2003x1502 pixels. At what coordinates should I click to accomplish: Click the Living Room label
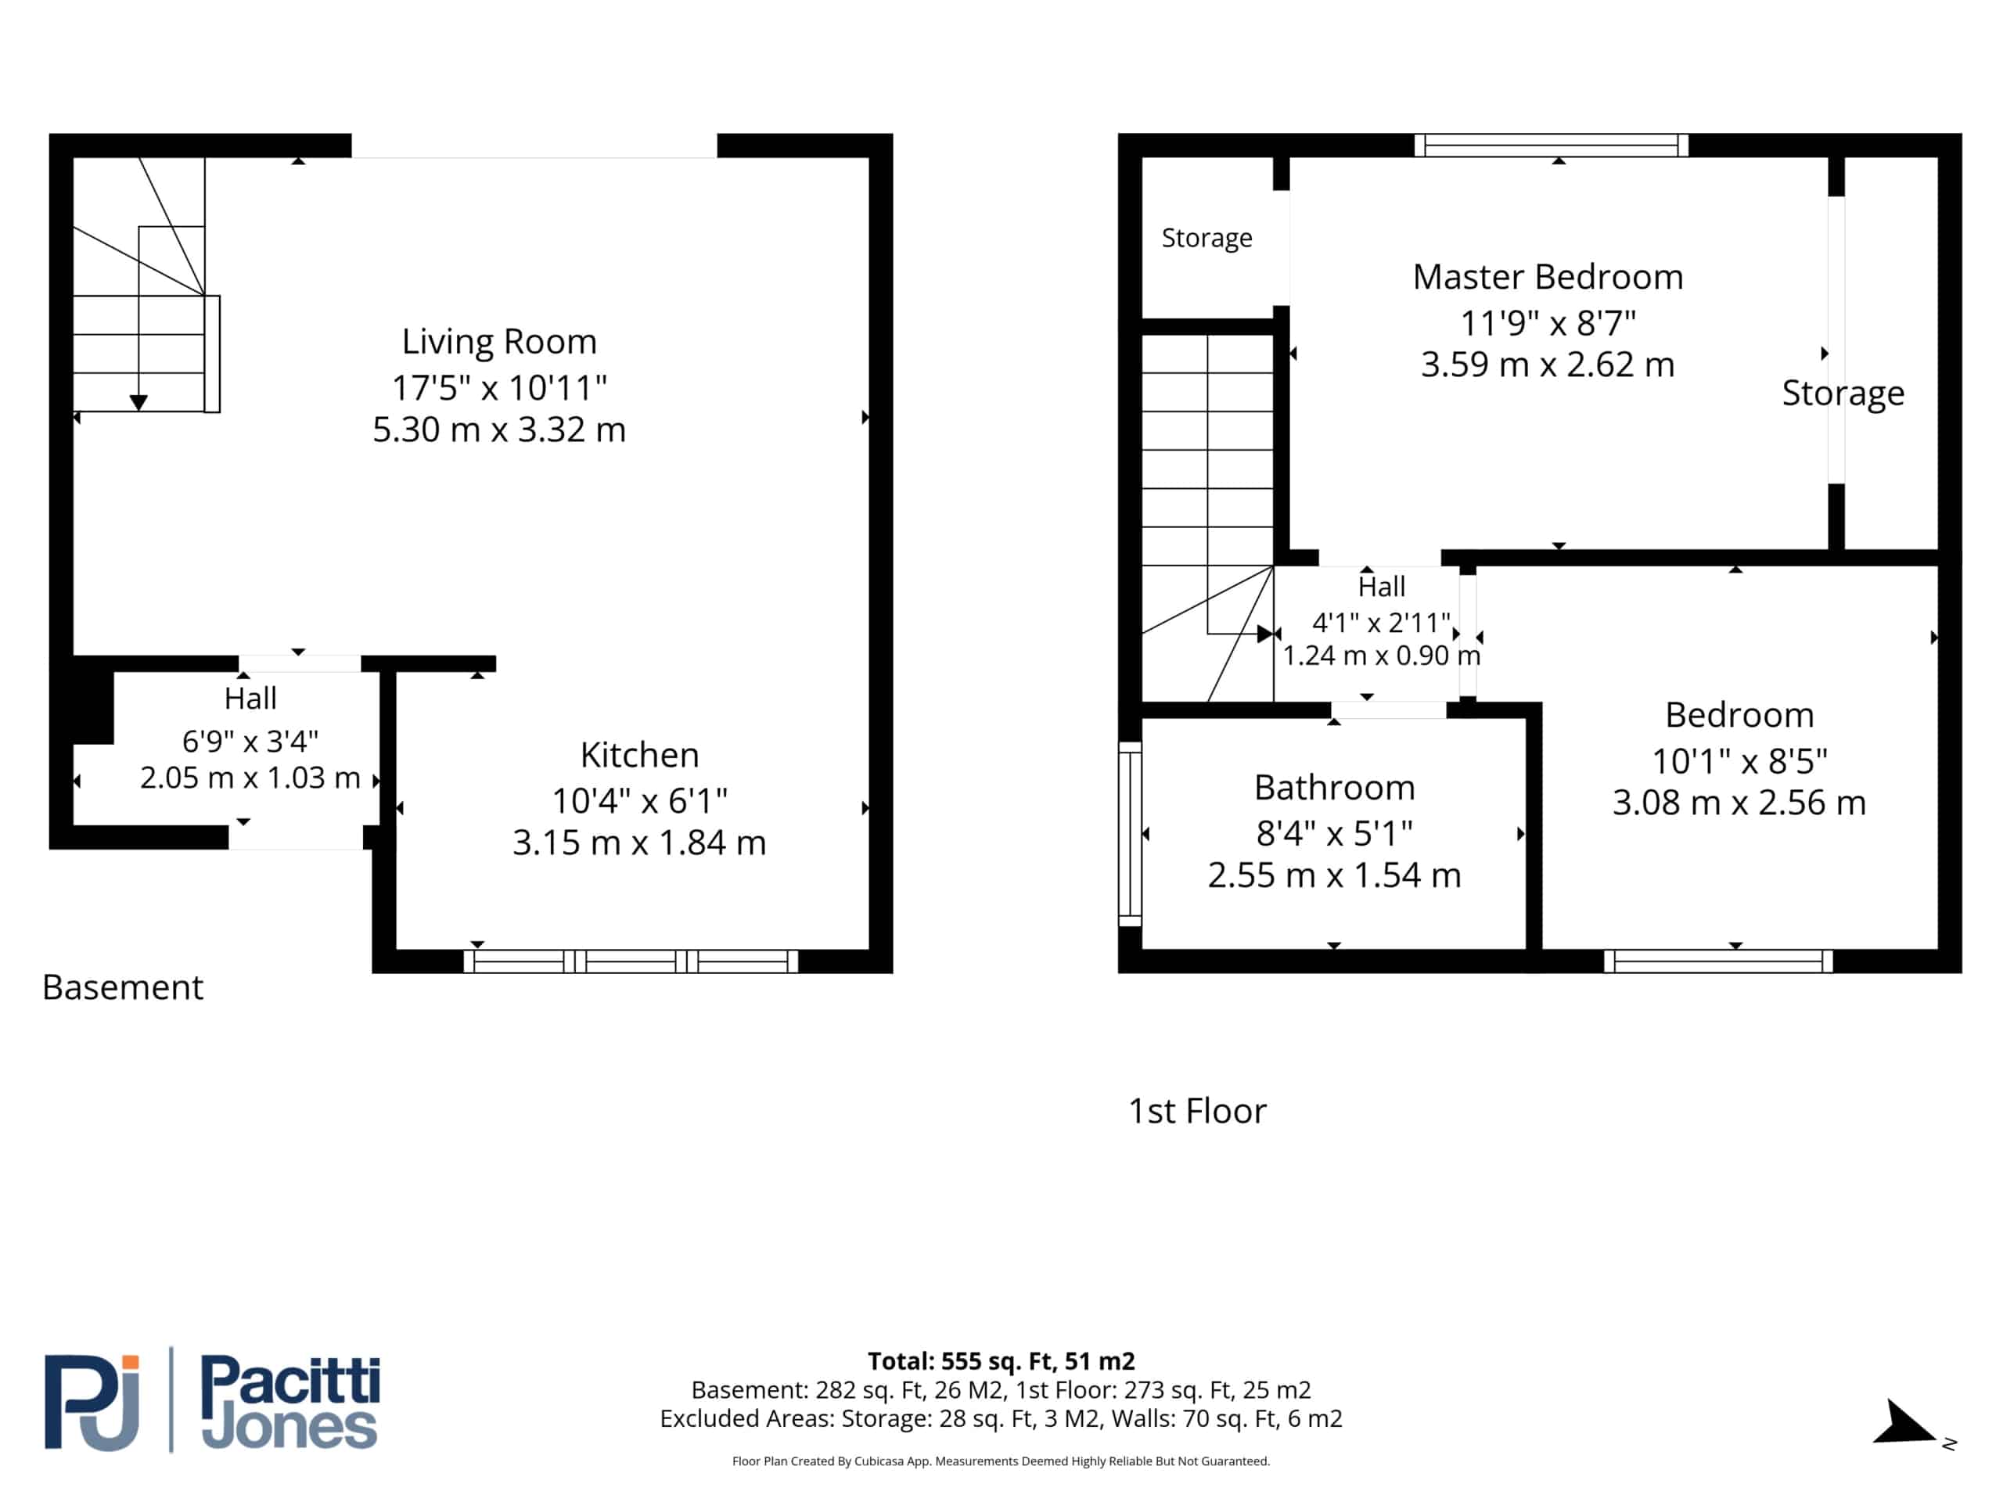tap(499, 341)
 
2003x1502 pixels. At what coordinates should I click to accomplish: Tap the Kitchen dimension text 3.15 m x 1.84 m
tap(639, 843)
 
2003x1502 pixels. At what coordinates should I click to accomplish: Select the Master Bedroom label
tap(1548, 277)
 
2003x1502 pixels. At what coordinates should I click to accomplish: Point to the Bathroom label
tap(1334, 788)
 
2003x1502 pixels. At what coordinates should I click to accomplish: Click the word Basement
tap(122, 986)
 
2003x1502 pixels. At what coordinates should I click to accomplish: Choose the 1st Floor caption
tap(1197, 1111)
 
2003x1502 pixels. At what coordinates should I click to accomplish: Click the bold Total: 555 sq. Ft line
tap(1001, 1360)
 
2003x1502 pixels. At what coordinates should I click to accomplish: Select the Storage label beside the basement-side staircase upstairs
tap(1207, 238)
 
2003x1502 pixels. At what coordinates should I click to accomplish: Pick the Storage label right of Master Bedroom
tap(1843, 393)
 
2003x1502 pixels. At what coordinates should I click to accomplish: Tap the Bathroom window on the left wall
tap(1130, 834)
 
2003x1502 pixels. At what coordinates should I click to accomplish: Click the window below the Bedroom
tap(1717, 961)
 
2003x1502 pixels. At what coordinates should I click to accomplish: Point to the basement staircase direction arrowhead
tap(138, 403)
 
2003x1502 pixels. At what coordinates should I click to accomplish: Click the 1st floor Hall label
tap(1382, 587)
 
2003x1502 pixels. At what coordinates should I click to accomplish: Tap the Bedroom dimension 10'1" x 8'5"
tap(1739, 761)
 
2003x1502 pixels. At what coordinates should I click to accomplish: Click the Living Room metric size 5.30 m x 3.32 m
tap(499, 429)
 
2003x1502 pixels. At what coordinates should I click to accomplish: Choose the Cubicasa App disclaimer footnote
tap(1001, 1461)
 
